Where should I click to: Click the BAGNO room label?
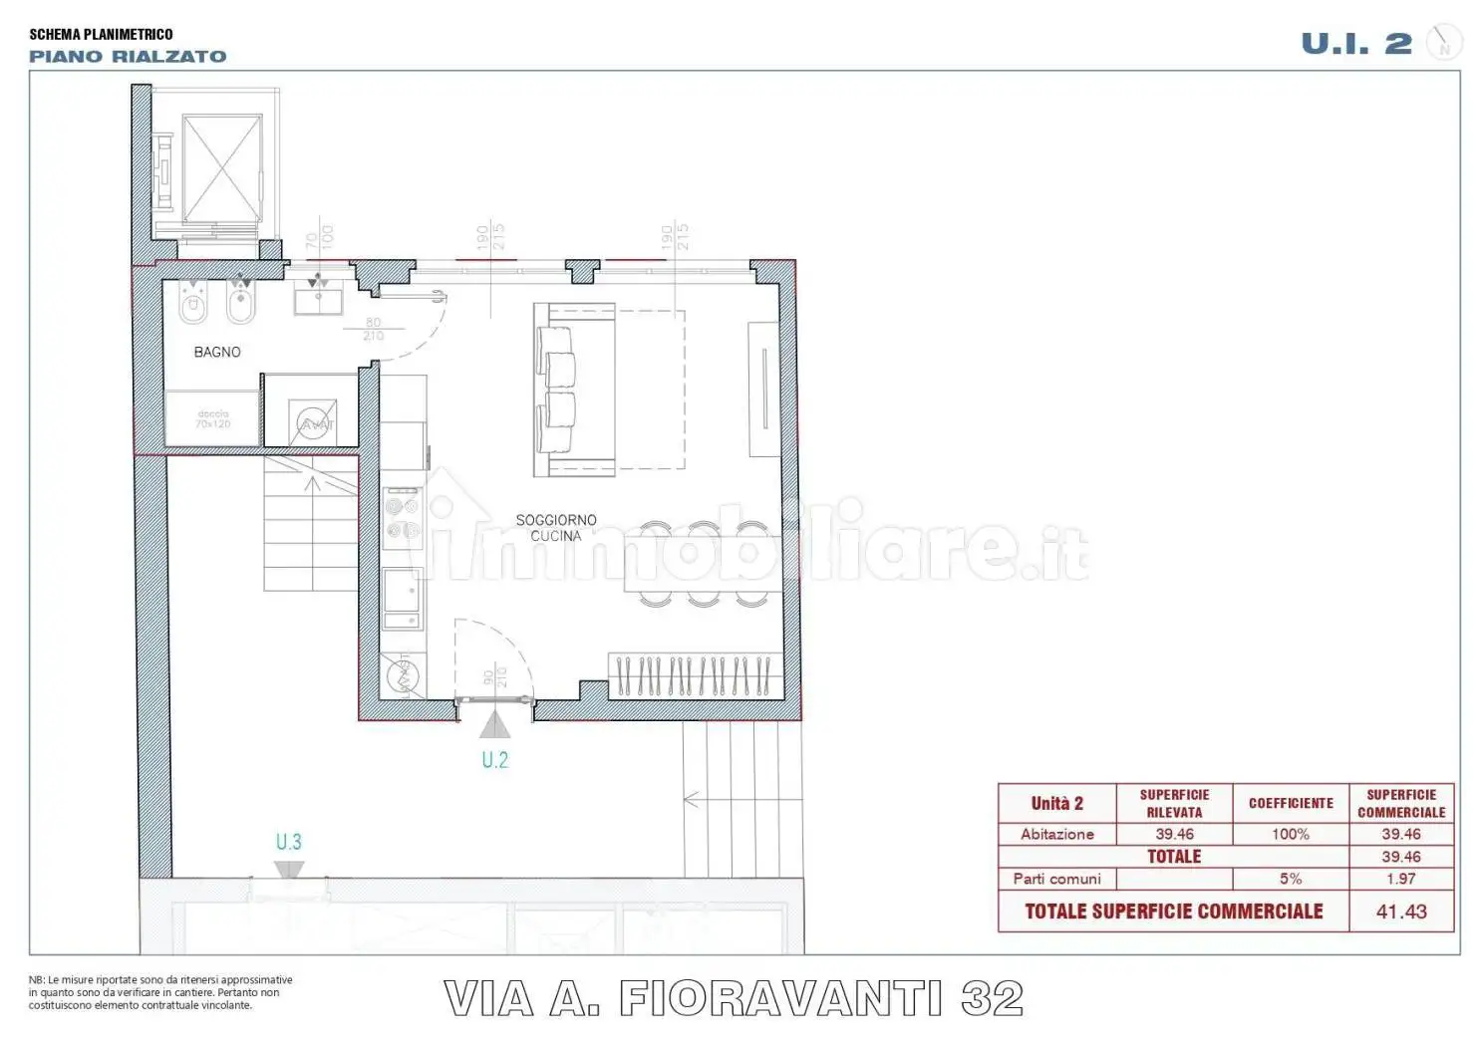(x=216, y=352)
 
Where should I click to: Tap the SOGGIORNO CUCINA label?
(x=556, y=528)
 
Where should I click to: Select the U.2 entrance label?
(x=494, y=760)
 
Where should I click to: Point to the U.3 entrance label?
(x=288, y=842)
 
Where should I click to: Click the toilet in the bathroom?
(x=192, y=303)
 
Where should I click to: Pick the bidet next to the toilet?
(x=240, y=303)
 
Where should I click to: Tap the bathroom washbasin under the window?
(x=318, y=298)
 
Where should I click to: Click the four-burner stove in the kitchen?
(x=403, y=517)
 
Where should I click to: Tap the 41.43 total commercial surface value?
(x=1400, y=912)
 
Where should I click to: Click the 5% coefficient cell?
(x=1290, y=879)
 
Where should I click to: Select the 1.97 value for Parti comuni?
(x=1400, y=879)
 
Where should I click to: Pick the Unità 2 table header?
(x=1056, y=803)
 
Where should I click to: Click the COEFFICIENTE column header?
(x=1290, y=803)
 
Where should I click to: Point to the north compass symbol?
(x=1443, y=43)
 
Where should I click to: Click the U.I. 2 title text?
(x=1355, y=44)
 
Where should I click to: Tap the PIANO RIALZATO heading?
(x=128, y=57)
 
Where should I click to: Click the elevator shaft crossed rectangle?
(x=222, y=167)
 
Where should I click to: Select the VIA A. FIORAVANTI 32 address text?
(x=733, y=998)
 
